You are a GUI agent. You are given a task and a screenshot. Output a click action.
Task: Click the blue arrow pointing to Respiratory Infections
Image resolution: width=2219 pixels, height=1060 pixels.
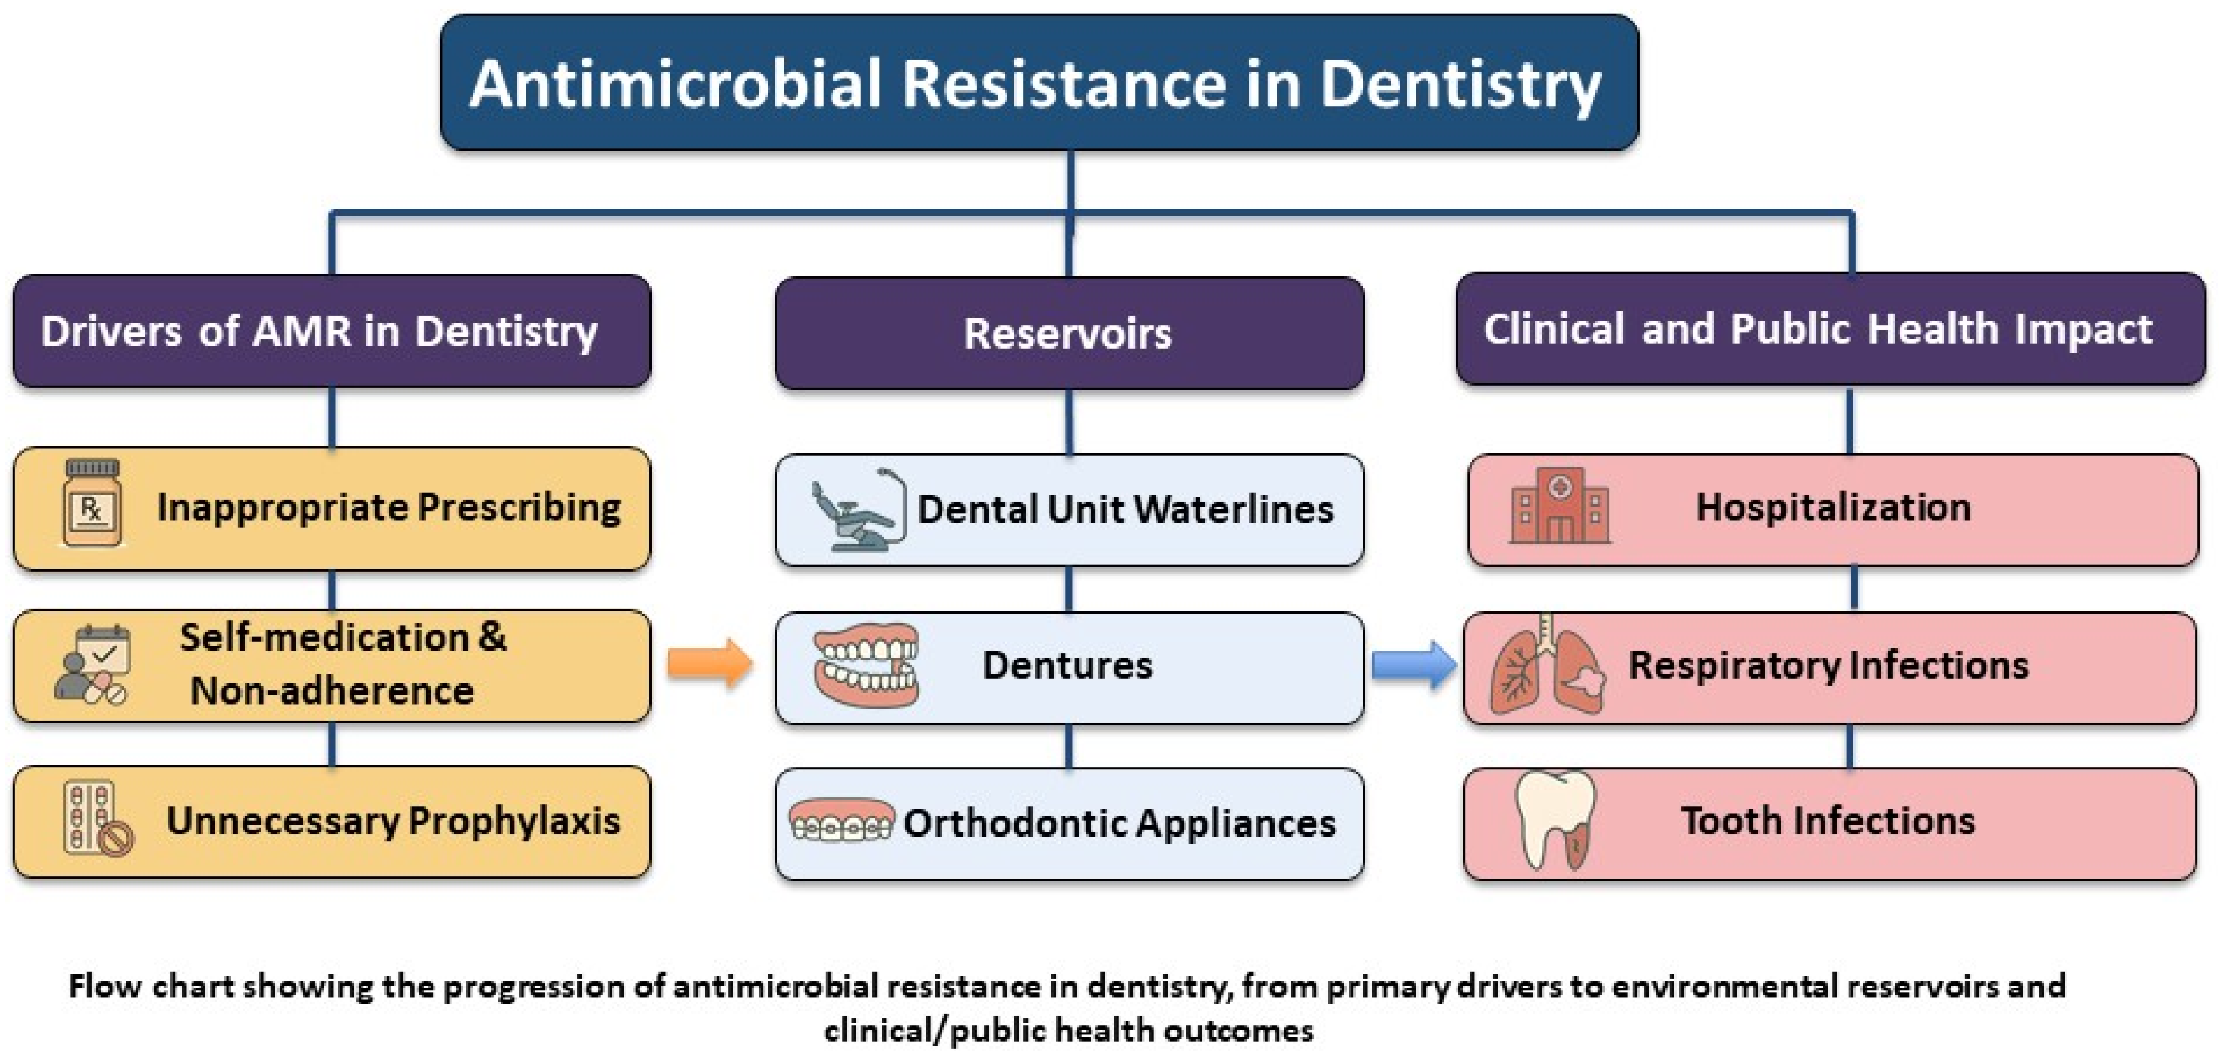pyautogui.click(x=1414, y=665)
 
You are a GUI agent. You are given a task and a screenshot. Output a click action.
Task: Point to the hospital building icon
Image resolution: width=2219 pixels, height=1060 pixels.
pyautogui.click(x=1559, y=506)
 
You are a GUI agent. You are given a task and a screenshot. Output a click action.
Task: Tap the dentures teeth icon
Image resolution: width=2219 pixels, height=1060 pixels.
pyautogui.click(x=866, y=665)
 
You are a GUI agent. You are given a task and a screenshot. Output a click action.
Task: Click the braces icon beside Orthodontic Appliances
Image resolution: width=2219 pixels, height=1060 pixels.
pyautogui.click(x=841, y=820)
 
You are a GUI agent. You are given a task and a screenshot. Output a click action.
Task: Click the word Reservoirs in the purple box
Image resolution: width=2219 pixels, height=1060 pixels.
pyautogui.click(x=1067, y=334)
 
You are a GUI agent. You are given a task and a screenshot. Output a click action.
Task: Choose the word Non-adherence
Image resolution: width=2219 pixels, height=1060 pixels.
pyautogui.click(x=332, y=690)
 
